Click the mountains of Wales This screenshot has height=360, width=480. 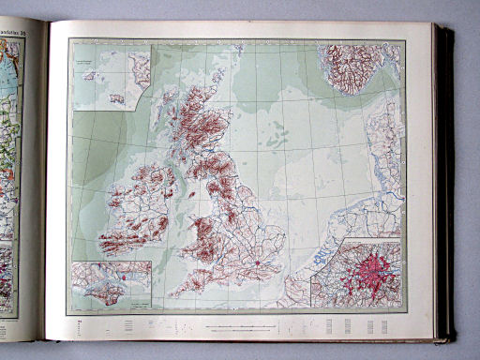tap(202, 234)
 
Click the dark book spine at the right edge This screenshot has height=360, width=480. tap(443, 178)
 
